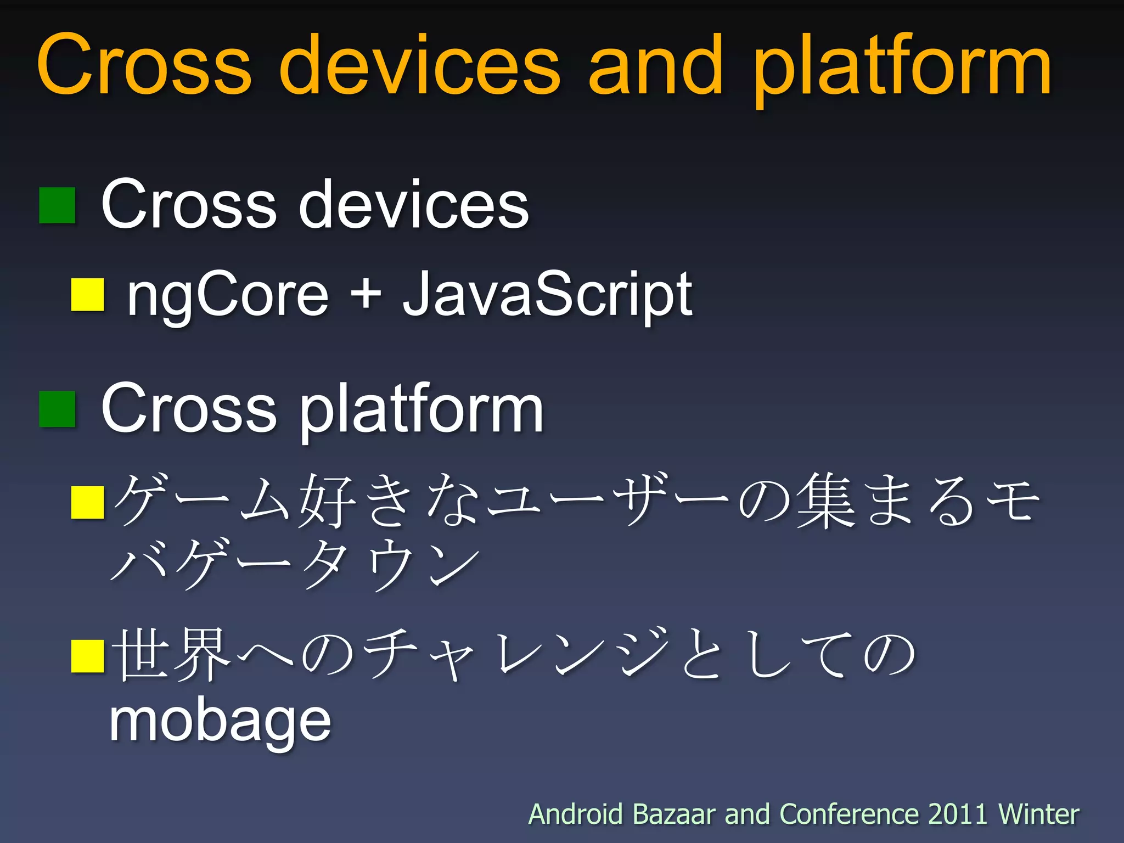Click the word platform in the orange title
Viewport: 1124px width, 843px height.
point(902,69)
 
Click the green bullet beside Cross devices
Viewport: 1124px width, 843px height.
point(57,205)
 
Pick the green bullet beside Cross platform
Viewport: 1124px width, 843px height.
point(57,409)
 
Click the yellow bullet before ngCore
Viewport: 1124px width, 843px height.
point(88,295)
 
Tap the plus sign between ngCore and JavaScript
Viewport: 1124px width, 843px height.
point(366,294)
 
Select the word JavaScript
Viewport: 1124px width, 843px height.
point(547,295)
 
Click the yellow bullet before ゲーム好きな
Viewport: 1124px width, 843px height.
point(88,502)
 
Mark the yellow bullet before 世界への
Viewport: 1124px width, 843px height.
point(88,656)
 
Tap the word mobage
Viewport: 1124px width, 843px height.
point(220,721)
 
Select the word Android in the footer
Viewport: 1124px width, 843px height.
point(575,814)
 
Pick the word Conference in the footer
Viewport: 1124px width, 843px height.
point(848,814)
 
